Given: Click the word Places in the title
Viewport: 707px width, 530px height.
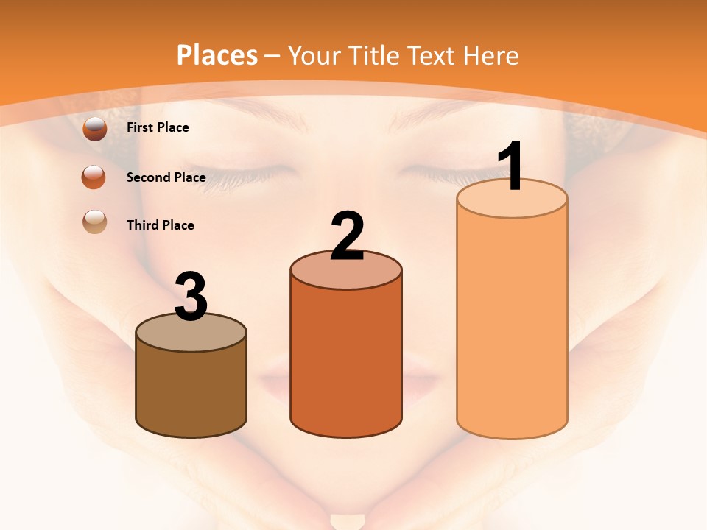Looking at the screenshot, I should [217, 55].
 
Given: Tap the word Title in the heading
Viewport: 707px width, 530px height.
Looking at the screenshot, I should [372, 55].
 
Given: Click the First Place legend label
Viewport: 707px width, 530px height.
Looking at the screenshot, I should [158, 127].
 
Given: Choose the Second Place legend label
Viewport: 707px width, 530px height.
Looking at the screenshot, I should [166, 177].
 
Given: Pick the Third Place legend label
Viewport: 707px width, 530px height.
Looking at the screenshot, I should [160, 225].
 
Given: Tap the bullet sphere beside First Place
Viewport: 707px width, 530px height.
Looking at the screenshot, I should [95, 129].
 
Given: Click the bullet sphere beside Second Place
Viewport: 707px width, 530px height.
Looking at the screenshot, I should [94, 177].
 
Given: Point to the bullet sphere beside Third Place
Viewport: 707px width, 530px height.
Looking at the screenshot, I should [95, 222].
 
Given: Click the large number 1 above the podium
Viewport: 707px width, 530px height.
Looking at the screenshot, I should [512, 166].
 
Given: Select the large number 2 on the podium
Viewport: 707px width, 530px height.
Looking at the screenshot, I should [347, 236].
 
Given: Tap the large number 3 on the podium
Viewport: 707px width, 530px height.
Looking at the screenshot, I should [191, 297].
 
